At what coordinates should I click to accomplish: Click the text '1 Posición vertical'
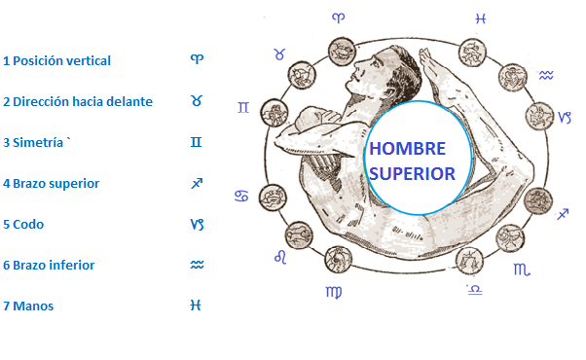[56, 60]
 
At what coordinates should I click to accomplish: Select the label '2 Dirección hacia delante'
[77, 101]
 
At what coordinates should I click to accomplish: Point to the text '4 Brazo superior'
[51, 183]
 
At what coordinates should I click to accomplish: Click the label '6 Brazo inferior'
[48, 265]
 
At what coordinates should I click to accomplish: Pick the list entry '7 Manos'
[28, 306]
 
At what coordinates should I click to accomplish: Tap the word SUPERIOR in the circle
[413, 174]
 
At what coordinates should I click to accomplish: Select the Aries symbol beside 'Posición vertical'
[197, 59]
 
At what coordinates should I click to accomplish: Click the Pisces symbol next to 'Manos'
[196, 306]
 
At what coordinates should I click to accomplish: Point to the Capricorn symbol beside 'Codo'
[197, 224]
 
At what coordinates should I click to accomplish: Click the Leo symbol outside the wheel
[279, 256]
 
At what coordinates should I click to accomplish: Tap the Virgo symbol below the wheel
[334, 291]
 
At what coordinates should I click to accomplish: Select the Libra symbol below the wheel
[474, 289]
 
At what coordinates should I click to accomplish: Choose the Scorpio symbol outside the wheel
[523, 267]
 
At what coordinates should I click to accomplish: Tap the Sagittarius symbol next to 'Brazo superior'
[196, 183]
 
